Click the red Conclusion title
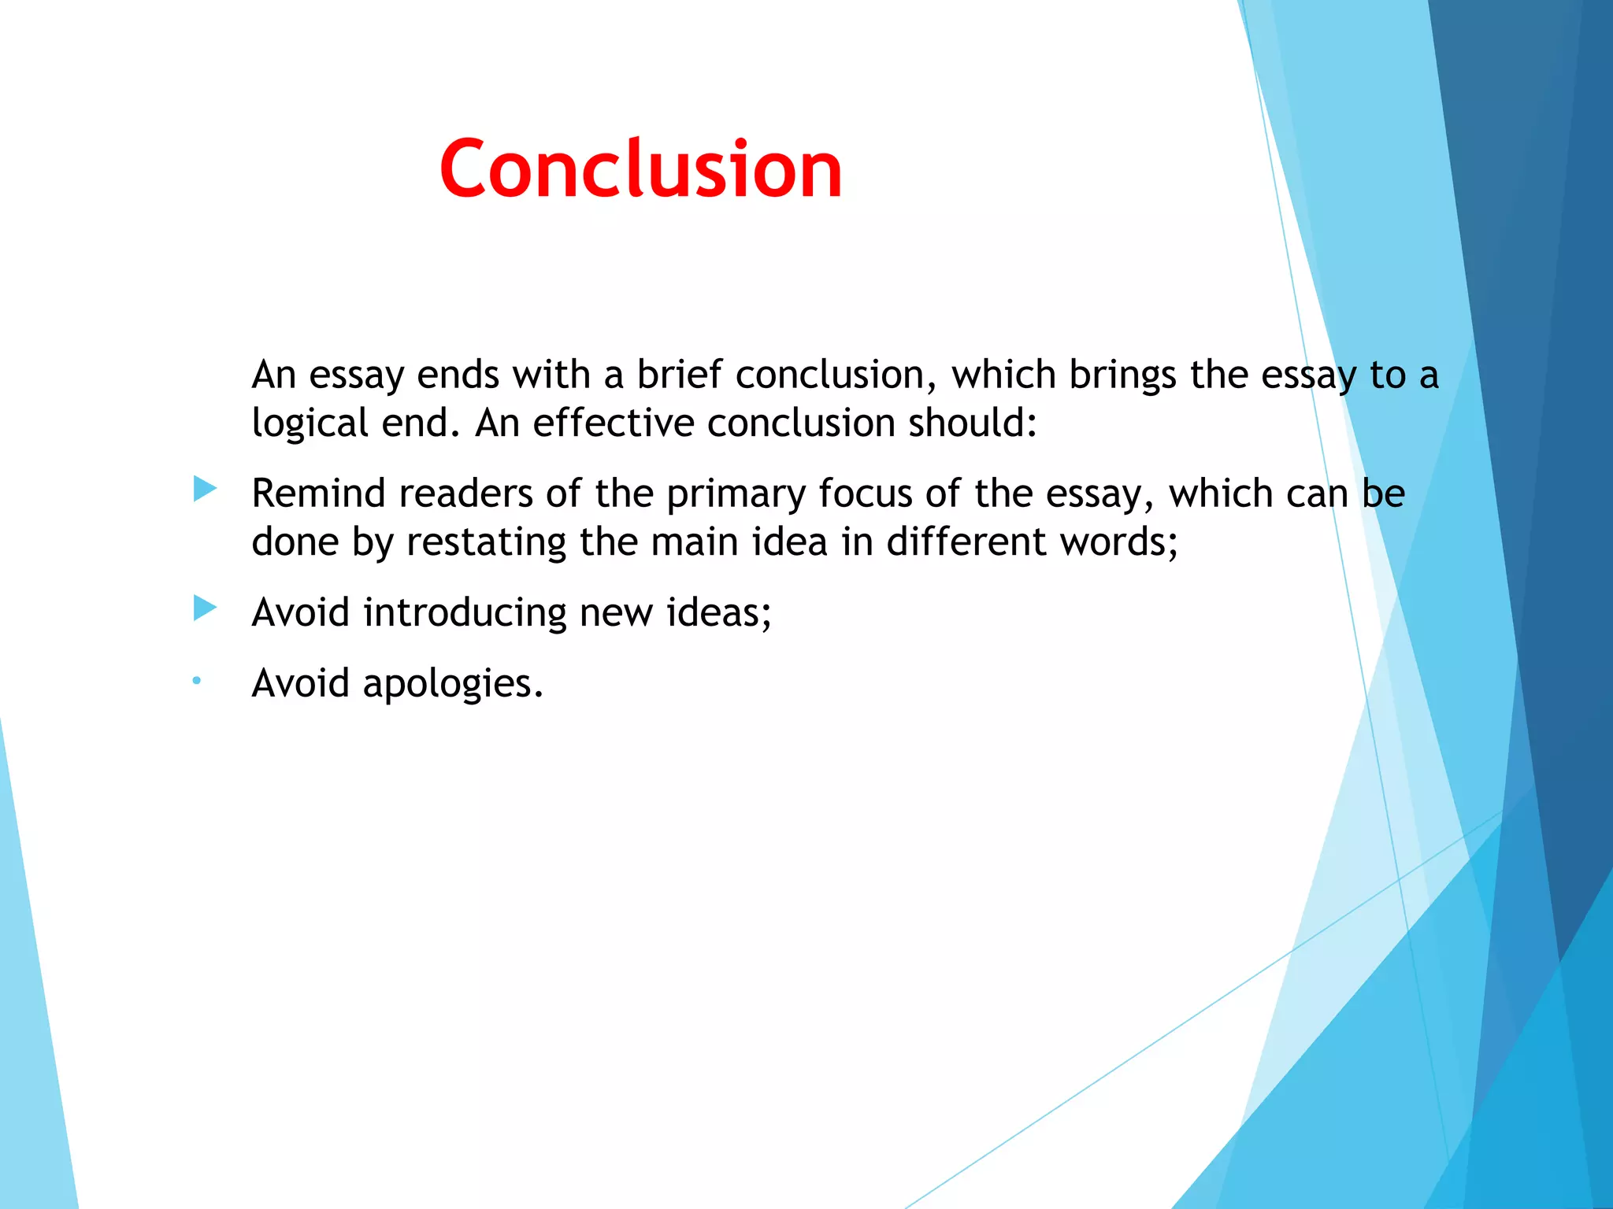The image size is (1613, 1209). click(x=640, y=168)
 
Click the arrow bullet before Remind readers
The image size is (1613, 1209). click(x=205, y=489)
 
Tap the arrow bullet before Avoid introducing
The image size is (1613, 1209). click(x=205, y=608)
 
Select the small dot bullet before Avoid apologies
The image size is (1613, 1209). click(x=197, y=680)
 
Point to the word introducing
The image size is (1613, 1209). click(x=465, y=612)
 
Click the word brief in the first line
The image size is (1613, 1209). click(x=679, y=374)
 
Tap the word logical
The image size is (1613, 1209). click(x=310, y=423)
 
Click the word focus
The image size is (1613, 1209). click(x=865, y=494)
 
